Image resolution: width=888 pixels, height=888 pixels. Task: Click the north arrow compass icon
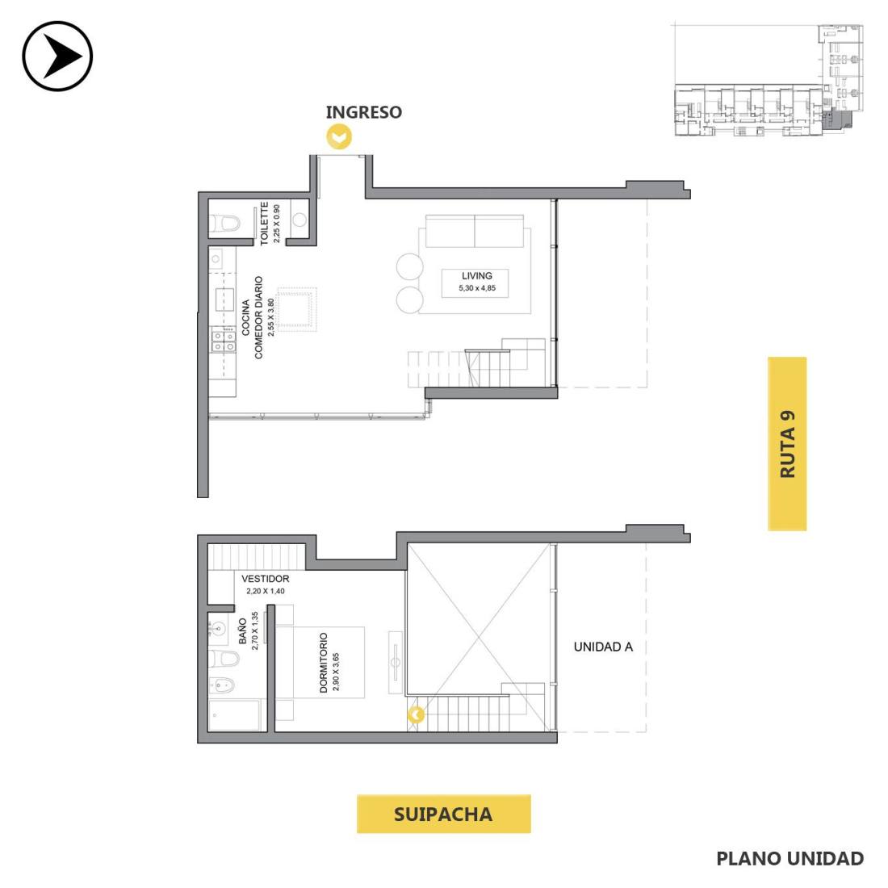[x=57, y=56]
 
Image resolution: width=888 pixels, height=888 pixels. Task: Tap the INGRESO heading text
[x=363, y=112]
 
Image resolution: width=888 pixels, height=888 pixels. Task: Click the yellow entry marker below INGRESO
[x=339, y=136]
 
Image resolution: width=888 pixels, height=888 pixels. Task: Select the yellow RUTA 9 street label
[x=786, y=443]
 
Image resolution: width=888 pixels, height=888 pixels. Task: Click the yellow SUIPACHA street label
[x=443, y=814]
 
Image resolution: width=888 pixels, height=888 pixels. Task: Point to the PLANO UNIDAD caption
[x=790, y=859]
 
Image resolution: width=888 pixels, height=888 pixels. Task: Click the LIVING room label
[x=477, y=276]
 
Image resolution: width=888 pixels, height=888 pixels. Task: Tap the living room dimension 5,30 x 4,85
[x=477, y=288]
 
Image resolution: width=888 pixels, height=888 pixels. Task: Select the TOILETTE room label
[x=264, y=223]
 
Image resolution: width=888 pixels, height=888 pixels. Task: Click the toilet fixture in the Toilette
[x=225, y=224]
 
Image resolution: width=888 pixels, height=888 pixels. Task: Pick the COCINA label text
[x=245, y=318]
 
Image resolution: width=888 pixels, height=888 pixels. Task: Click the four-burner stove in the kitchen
[x=224, y=341]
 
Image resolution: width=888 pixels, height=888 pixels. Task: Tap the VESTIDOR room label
[x=265, y=579]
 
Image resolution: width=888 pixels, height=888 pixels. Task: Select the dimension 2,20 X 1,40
[x=265, y=591]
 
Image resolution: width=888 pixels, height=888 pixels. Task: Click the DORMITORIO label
[x=324, y=663]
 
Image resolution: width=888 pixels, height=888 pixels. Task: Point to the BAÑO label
[x=242, y=631]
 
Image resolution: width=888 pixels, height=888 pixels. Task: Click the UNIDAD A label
[x=603, y=647]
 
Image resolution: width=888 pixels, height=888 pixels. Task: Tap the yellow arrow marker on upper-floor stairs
[x=416, y=714]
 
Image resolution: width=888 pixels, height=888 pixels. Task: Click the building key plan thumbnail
[x=768, y=80]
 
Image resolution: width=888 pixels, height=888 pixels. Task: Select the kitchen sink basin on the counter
[x=224, y=299]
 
